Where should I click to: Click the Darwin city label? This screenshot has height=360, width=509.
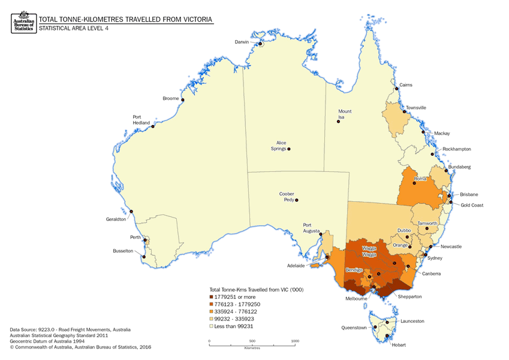click(241, 41)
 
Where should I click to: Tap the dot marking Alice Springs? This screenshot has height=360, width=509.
click(289, 149)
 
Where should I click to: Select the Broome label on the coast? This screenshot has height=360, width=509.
click(171, 99)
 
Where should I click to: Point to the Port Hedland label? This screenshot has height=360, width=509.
click(140, 120)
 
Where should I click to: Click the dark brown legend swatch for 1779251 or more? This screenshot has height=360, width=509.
click(211, 298)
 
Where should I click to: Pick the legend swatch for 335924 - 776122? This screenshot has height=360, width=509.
click(211, 312)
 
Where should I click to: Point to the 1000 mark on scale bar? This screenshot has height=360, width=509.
click(295, 341)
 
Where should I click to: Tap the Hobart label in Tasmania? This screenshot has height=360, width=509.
click(398, 346)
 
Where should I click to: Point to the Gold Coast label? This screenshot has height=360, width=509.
click(472, 205)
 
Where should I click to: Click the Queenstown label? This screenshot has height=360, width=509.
click(354, 328)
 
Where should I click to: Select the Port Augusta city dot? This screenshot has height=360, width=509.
click(321, 234)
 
